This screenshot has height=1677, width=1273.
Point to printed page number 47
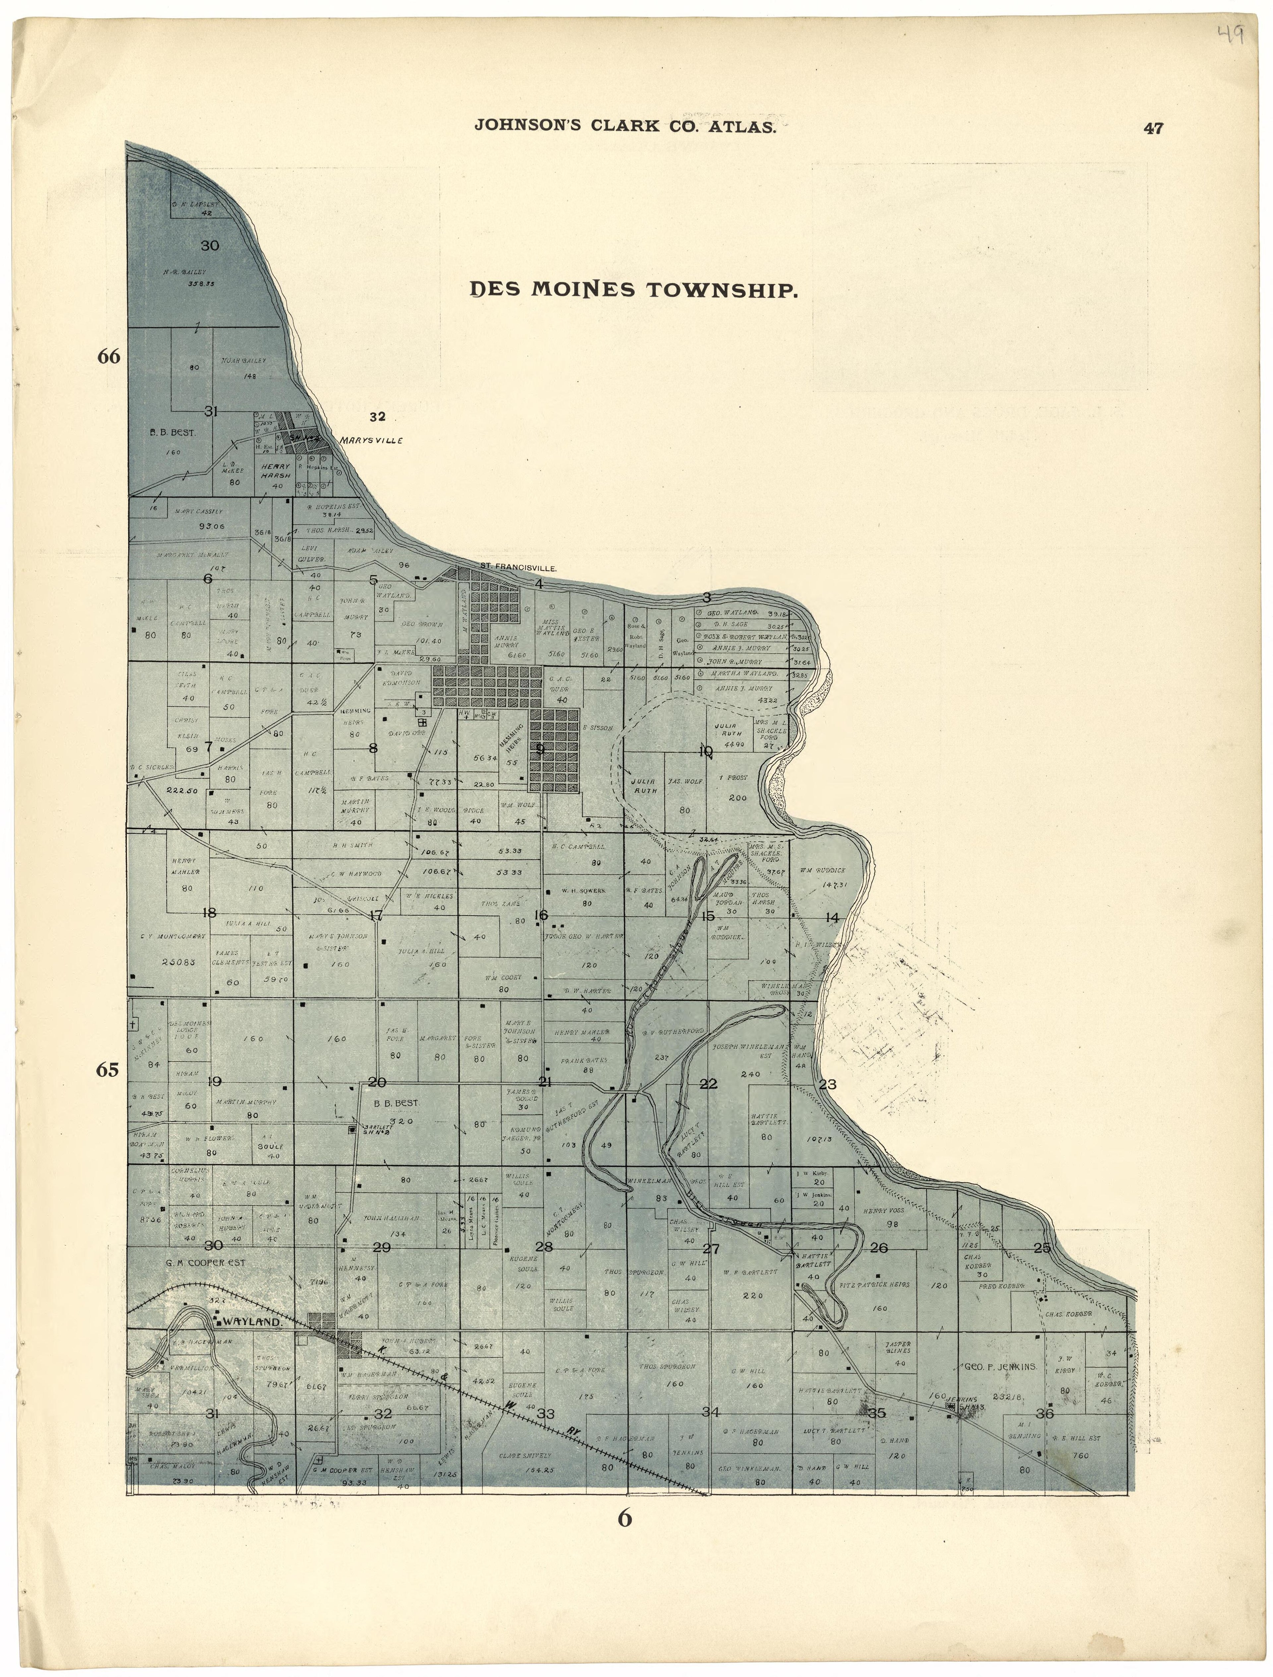click(1153, 128)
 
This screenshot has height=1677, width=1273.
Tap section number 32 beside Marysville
click(378, 416)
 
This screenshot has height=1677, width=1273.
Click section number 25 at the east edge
click(1043, 1248)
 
